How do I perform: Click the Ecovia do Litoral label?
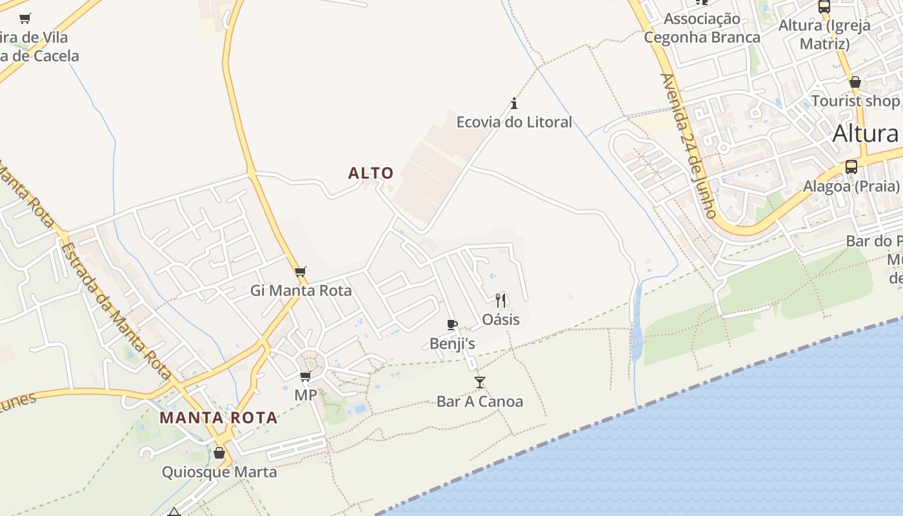click(x=514, y=122)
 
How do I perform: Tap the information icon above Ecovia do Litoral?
click(x=514, y=103)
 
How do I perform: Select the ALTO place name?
click(x=371, y=173)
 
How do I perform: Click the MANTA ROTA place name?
click(x=219, y=417)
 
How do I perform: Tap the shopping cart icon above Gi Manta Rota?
click(x=300, y=272)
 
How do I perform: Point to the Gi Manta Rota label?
click(x=301, y=291)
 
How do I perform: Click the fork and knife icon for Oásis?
click(x=501, y=300)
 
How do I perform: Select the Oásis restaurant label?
click(x=501, y=319)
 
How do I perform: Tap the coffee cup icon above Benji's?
click(x=452, y=324)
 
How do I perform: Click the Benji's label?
click(x=452, y=344)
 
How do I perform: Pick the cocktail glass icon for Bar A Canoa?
click(x=480, y=382)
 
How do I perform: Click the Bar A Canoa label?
click(x=480, y=402)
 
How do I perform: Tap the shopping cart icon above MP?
click(x=305, y=376)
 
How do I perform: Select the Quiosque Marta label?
click(x=219, y=472)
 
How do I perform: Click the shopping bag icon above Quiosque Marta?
click(x=219, y=453)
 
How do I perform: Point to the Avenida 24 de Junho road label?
click(x=689, y=145)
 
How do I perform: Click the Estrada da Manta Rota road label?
click(x=116, y=310)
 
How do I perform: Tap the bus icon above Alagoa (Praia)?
click(x=851, y=167)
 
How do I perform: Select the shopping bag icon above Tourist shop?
click(x=855, y=82)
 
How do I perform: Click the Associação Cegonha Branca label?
click(x=702, y=28)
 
